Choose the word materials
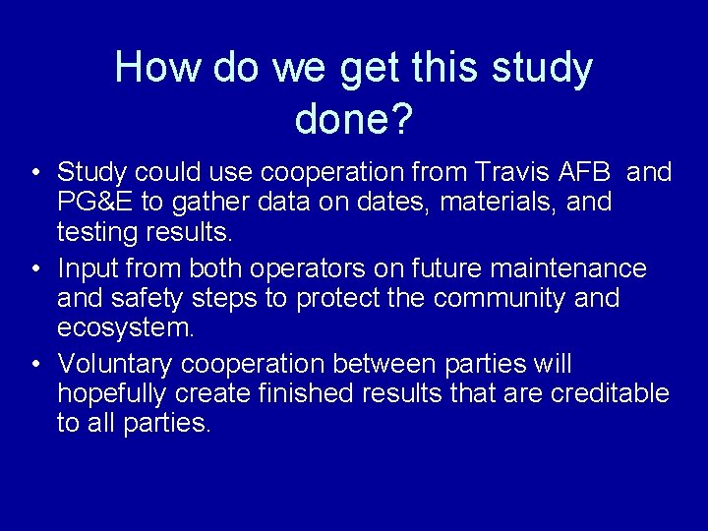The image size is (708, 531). [498, 203]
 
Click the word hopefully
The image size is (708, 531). [112, 394]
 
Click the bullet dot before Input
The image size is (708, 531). [35, 268]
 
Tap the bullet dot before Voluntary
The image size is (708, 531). [35, 364]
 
